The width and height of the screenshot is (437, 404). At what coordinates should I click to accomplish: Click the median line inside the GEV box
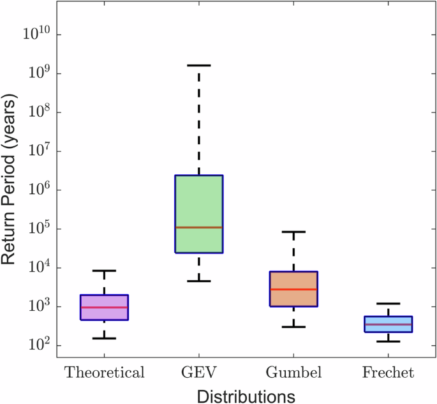tap(198, 227)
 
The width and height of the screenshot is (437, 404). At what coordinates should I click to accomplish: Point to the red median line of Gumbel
tap(293, 289)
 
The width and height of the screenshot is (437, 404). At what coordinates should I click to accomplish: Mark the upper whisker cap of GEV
tap(198, 65)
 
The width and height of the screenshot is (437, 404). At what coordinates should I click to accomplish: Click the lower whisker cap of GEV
tap(198, 281)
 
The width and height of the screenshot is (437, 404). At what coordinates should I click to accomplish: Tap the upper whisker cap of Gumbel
tap(293, 232)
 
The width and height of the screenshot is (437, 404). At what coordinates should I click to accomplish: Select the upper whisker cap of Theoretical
tap(104, 271)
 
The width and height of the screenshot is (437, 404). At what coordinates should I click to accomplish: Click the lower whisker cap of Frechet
tap(388, 341)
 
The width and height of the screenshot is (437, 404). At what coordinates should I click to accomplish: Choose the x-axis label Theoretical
tap(104, 372)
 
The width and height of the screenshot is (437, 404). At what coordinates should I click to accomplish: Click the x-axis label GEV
tap(198, 372)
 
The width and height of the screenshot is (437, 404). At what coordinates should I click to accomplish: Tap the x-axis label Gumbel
tap(293, 372)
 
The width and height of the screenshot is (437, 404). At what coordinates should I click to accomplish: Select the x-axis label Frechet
tap(388, 372)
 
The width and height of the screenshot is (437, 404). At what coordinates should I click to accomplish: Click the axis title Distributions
tap(246, 396)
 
